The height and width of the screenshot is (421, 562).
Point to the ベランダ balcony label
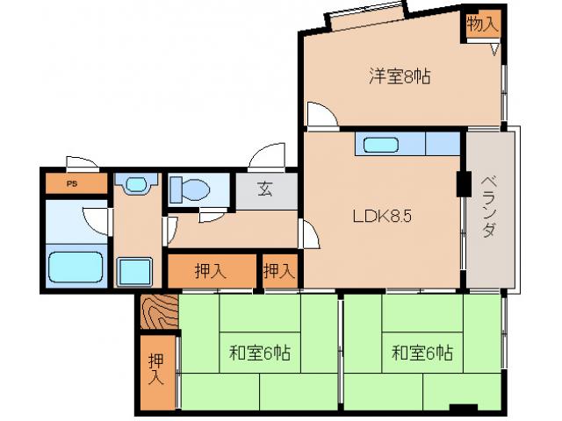489,207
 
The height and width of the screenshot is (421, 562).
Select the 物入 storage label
481,25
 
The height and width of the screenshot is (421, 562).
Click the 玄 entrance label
264,188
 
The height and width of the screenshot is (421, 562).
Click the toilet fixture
187,189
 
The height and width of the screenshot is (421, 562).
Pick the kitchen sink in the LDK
380,144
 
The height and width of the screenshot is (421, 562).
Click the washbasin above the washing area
136,184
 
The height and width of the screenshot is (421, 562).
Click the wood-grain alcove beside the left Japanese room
159,313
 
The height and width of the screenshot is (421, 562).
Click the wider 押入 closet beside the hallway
210,271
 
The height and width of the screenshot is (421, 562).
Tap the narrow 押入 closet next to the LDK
279,271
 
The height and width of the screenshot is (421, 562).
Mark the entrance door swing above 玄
264,158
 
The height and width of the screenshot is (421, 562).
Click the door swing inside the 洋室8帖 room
319,114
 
